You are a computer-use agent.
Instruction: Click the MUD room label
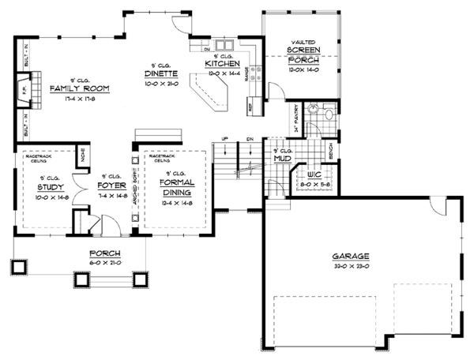click(280, 157)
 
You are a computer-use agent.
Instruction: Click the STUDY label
click(51, 187)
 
